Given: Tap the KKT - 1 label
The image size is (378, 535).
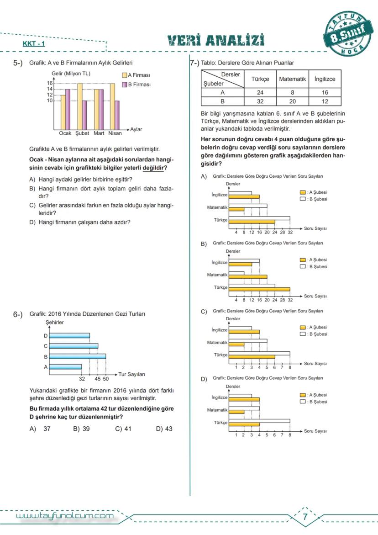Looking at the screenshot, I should (x=34, y=44).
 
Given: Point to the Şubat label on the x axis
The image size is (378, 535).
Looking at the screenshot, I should (x=82, y=134).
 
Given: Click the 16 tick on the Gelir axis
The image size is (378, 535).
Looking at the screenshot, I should (x=50, y=83).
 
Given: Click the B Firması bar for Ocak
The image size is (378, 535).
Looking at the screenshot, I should (x=68, y=109).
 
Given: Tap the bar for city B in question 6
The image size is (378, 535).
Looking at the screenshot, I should (x=77, y=356).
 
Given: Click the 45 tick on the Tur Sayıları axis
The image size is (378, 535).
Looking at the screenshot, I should (x=98, y=379).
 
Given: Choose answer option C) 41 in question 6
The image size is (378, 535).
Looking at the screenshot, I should (x=123, y=429).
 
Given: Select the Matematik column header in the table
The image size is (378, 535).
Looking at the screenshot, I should (x=292, y=79).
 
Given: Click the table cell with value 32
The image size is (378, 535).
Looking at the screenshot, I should (x=261, y=101).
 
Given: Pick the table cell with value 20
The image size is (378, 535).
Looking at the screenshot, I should (x=292, y=101).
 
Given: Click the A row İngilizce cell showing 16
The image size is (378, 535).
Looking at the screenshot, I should (x=325, y=92).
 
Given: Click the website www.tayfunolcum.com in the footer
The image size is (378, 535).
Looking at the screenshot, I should (x=64, y=516).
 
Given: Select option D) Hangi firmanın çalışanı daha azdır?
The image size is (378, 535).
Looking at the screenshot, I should (x=80, y=222).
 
